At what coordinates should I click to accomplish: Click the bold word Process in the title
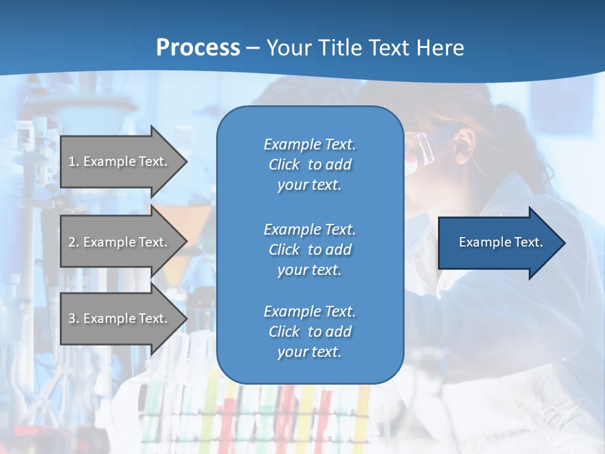[198, 48]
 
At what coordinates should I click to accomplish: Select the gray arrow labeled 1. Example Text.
[120, 161]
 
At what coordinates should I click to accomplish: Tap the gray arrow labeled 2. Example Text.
[120, 242]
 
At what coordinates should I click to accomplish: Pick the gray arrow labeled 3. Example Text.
[120, 318]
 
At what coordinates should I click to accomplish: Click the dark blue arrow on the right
[498, 243]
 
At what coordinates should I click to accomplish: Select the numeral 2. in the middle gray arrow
[73, 242]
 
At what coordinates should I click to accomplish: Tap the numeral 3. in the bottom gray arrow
[73, 318]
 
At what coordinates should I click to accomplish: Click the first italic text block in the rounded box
[309, 165]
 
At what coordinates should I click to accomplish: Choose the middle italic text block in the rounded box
[309, 250]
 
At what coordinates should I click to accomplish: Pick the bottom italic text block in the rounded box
[309, 332]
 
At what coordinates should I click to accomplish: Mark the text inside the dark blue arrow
[500, 242]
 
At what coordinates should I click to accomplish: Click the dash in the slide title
[253, 48]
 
